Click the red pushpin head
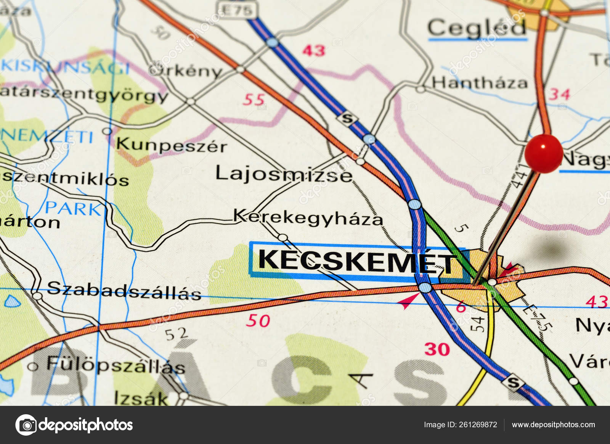[x=543, y=153]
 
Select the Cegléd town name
[x=477, y=28]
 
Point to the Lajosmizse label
[x=284, y=174]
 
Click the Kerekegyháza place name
[x=308, y=217]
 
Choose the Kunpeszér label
[x=171, y=145]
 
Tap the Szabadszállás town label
[x=124, y=291]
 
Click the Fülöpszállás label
[x=116, y=365]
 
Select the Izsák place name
[x=141, y=398]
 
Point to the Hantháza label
[x=480, y=83]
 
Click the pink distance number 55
[x=254, y=100]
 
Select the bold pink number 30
[x=437, y=349]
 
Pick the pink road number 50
[x=258, y=321]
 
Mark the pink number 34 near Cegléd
[x=559, y=94]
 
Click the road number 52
[x=176, y=335]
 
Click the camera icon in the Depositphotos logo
[x=26, y=425]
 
